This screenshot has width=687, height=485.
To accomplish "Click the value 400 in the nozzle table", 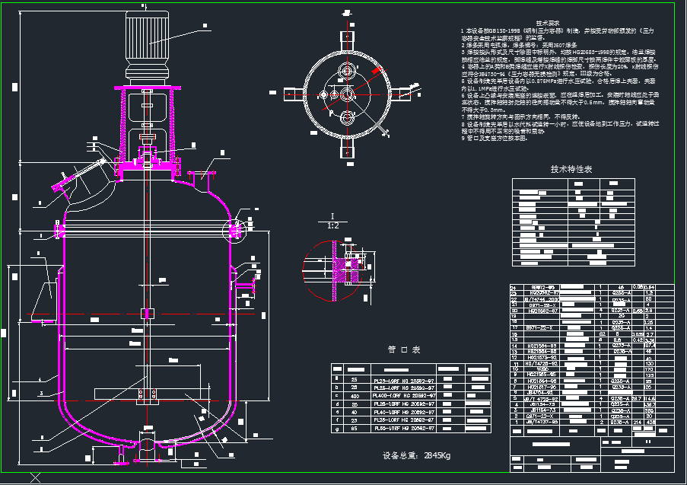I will point(354,396).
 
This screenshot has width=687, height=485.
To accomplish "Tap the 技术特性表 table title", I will point(571,169).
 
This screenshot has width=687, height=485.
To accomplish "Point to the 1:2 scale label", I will point(333,226).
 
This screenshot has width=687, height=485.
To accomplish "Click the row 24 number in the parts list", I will point(513,287).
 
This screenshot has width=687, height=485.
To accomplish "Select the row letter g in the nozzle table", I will point(336,429).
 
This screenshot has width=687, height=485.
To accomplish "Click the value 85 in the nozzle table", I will point(354,429).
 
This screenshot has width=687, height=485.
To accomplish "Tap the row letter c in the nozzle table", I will point(336,396).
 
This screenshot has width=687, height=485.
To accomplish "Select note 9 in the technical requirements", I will point(495,139).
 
